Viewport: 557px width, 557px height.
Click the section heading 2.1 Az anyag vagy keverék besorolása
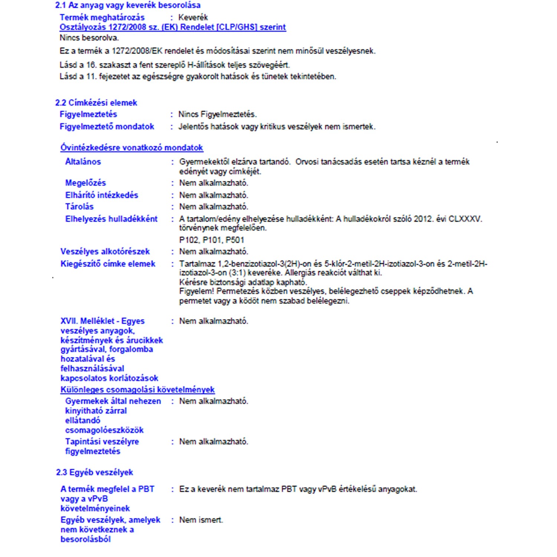128,6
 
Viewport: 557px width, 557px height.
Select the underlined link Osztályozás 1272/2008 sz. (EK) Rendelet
173,27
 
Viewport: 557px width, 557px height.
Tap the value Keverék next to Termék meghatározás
193,17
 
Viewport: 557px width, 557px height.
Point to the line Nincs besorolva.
89,38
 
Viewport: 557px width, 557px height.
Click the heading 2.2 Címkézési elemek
96,103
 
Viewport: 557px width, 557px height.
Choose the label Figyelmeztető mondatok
107,127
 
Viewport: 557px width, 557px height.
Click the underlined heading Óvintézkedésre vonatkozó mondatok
131,148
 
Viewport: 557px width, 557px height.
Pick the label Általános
83,162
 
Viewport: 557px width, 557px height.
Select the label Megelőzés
85,183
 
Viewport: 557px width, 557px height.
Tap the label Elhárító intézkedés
101,195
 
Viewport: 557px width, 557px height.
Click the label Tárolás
79,207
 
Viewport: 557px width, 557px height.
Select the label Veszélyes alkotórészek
105,252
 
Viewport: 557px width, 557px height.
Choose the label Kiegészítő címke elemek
108,264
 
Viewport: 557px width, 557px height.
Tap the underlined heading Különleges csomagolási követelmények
137,390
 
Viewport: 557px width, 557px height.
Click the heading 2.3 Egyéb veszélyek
94,473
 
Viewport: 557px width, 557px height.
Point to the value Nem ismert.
201,520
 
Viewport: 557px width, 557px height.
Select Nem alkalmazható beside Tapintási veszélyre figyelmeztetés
214,442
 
